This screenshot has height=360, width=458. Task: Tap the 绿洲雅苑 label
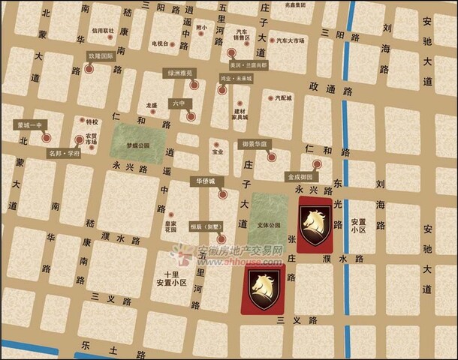pos(179,73)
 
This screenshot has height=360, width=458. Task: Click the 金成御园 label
pos(300,178)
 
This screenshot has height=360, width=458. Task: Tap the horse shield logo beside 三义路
pos(264,287)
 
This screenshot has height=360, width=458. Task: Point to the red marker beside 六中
pos(191,116)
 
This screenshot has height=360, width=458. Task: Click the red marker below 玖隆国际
pos(89,68)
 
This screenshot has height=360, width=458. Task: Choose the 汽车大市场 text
pos(291,40)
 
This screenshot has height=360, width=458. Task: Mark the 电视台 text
pos(161,43)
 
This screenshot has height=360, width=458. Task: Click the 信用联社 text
pos(103,30)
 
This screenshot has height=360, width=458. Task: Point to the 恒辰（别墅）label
pos(206,225)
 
